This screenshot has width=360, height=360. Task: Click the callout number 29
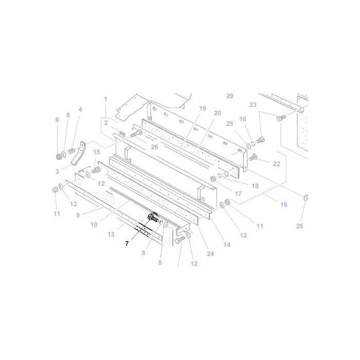pyautogui.click(x=230, y=96)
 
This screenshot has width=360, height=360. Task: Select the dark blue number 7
pyautogui.click(x=127, y=243)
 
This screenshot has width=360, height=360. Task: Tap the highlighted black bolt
pyautogui.click(x=153, y=218)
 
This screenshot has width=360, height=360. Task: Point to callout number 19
pyautogui.click(x=202, y=109)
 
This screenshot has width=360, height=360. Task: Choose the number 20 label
pyautogui.click(x=217, y=113)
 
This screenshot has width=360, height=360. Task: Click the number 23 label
pyautogui.click(x=253, y=105)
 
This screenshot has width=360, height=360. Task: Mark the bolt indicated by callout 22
pyautogui.click(x=252, y=158)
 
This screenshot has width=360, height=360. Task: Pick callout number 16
pyautogui.click(x=283, y=205)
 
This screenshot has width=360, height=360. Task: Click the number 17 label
pyautogui.click(x=238, y=194)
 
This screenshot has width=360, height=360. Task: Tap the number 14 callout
pyautogui.click(x=227, y=244)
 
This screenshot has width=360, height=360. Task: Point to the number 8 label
pyautogui.click(x=144, y=253)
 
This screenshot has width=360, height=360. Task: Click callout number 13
pyautogui.click(x=111, y=234)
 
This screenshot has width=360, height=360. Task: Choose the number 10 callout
pyautogui.click(x=94, y=225)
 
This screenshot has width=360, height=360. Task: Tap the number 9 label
pyautogui.click(x=78, y=215)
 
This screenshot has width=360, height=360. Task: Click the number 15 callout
pyautogui.click(x=96, y=152)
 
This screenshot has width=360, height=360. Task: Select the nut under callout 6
pyautogui.click(x=58, y=156)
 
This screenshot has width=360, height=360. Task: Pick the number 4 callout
pyautogui.click(x=80, y=110)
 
